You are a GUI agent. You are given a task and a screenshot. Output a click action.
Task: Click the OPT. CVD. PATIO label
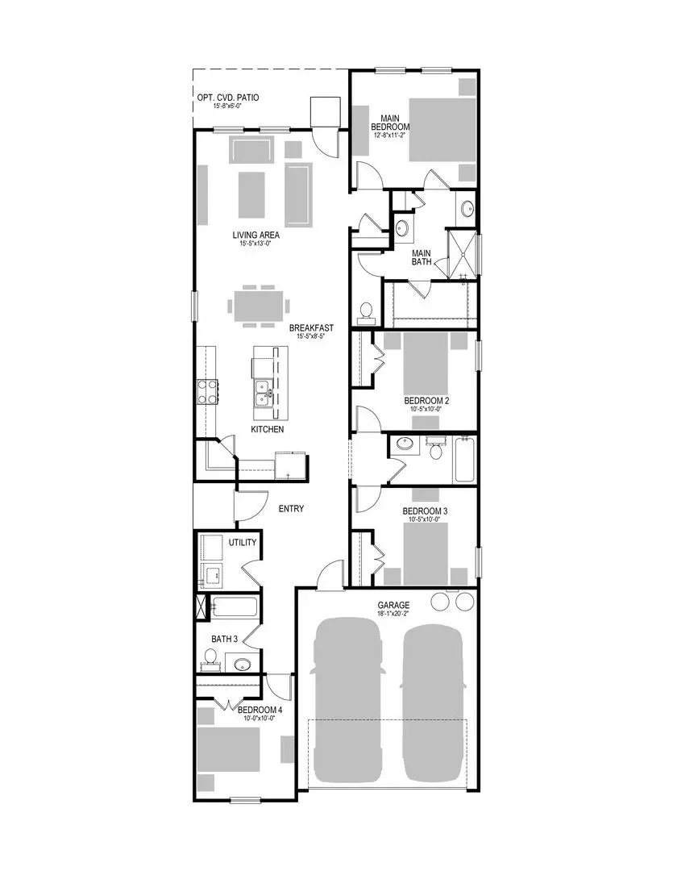pos(228,98)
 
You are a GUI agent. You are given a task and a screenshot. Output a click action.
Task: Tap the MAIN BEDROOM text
pos(390,123)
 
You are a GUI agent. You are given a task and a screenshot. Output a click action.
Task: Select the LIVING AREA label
pos(255,235)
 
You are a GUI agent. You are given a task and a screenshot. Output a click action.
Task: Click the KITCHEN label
pos(267,430)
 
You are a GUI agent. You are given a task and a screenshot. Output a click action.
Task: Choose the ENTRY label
pos(291,509)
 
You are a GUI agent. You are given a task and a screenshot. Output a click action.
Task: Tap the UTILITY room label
pos(242,543)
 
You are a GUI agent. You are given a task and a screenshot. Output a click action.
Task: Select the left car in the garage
pos(346,699)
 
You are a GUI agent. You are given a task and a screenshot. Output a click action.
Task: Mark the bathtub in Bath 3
pos(235,607)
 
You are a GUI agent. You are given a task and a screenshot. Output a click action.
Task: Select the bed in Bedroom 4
pos(229,751)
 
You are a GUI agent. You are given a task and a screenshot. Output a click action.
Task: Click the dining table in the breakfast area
pos(259,306)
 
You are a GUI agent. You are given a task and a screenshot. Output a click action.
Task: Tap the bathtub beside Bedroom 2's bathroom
pos(465,460)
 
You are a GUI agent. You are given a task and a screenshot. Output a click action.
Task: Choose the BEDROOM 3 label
pos(426,511)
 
